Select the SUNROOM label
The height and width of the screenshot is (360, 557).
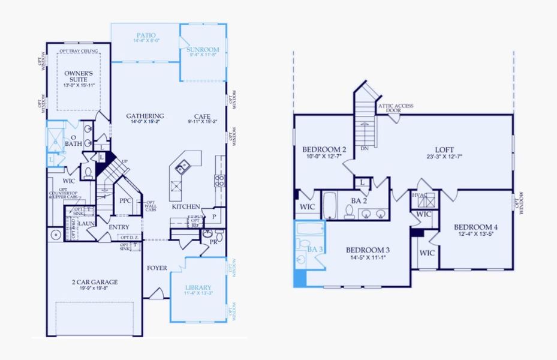[203, 49]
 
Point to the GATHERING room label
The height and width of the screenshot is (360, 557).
[145, 116]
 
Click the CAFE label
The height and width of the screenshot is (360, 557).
[201, 116]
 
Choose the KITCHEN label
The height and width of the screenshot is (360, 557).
[186, 206]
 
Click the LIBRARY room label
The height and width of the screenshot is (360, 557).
[198, 287]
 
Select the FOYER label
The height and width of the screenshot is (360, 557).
[157, 268]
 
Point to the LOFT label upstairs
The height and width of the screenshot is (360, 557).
[444, 149]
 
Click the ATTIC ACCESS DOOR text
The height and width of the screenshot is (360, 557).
[394, 109]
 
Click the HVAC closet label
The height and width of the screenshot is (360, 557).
[418, 194]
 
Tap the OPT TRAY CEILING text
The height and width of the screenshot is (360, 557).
[79, 52]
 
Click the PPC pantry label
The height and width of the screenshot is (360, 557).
[125, 201]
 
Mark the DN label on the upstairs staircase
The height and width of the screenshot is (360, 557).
[363, 148]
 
